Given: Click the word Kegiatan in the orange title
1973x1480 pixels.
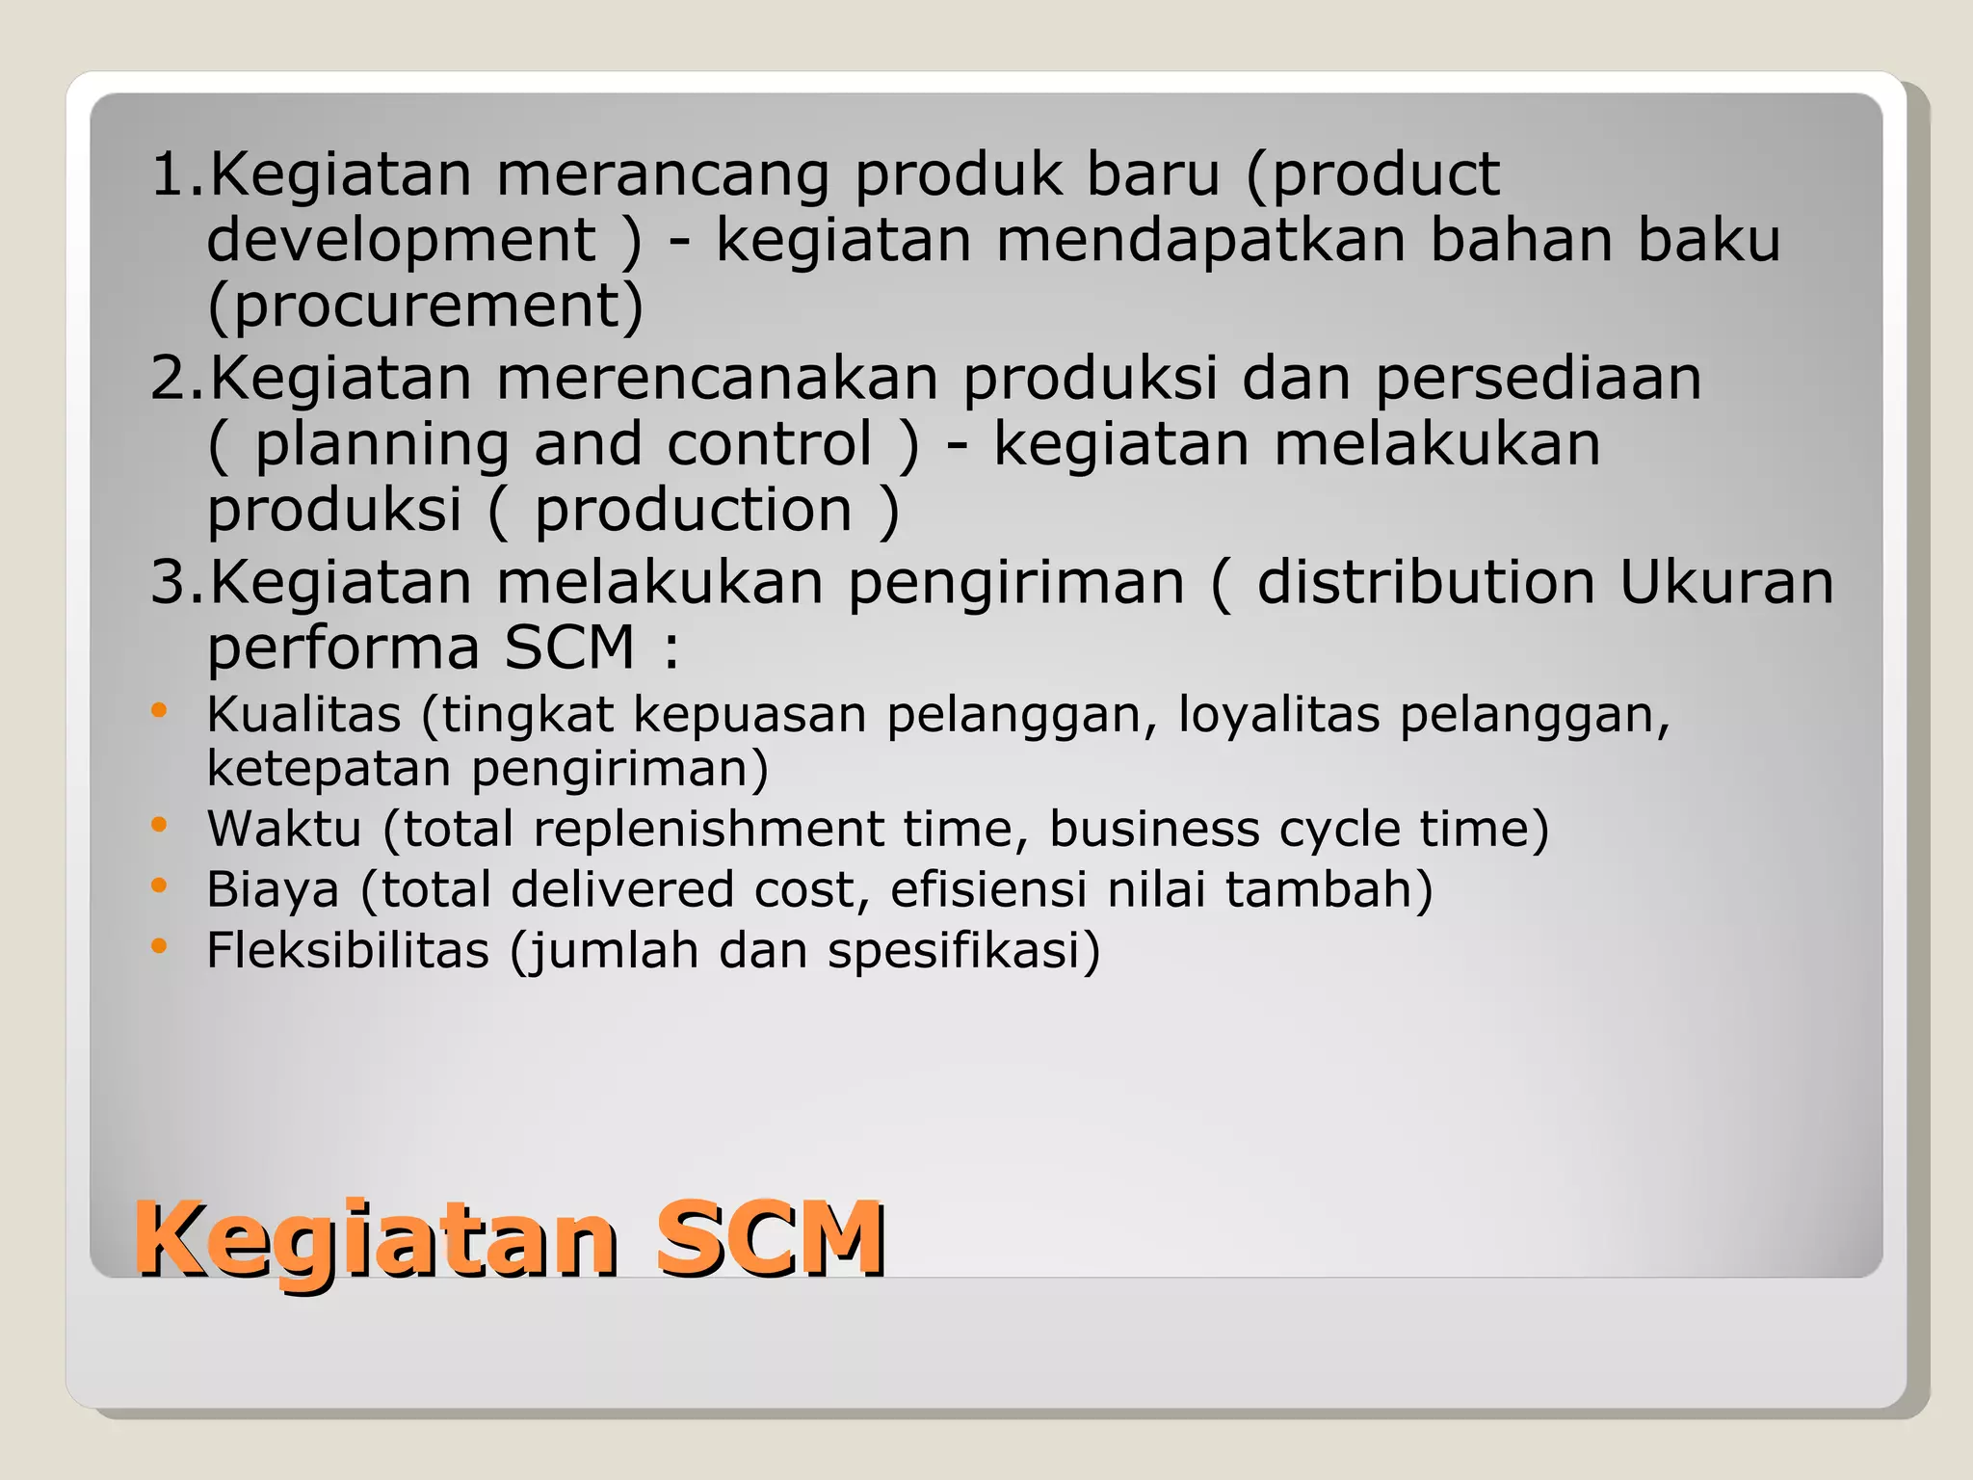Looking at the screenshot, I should click(x=376, y=1239).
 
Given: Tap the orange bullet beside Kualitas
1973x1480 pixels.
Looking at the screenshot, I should click(x=159, y=711).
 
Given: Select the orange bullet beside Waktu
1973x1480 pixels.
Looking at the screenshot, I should click(x=159, y=825).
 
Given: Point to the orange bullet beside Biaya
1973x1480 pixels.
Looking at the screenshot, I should click(x=159, y=885).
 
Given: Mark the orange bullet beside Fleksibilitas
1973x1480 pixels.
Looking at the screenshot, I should click(x=159, y=945).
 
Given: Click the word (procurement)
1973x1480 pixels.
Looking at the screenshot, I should click(x=425, y=306).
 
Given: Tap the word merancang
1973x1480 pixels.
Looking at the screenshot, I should click(x=663, y=174).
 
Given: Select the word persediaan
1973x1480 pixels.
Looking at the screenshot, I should click(x=1538, y=378).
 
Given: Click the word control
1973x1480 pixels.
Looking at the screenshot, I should click(x=769, y=444).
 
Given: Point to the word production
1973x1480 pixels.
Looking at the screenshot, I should click(x=694, y=510).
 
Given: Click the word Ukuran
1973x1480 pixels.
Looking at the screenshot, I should click(x=1726, y=582).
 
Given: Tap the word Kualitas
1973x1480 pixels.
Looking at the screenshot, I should click(x=303, y=715).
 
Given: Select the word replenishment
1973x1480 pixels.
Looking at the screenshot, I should click(x=708, y=829).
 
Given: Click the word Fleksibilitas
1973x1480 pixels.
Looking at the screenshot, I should click(x=348, y=950).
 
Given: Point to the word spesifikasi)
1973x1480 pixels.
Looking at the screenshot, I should click(x=963, y=951).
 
